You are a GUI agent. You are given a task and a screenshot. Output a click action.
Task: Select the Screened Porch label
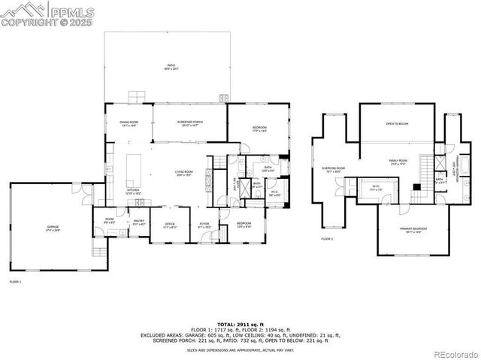point(189,124)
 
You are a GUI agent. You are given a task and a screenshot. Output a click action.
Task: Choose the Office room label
point(170,225)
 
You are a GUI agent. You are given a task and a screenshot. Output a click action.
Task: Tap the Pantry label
point(139,222)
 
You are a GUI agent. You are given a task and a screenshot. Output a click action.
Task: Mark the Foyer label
point(204,225)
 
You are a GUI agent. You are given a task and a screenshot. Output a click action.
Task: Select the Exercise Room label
point(333,169)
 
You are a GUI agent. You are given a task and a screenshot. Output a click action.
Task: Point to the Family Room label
point(398,162)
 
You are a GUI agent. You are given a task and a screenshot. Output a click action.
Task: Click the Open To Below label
point(397,123)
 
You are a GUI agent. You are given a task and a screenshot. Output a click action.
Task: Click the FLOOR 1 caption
point(15,281)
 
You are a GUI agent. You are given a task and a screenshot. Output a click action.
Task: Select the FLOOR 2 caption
point(326,238)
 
